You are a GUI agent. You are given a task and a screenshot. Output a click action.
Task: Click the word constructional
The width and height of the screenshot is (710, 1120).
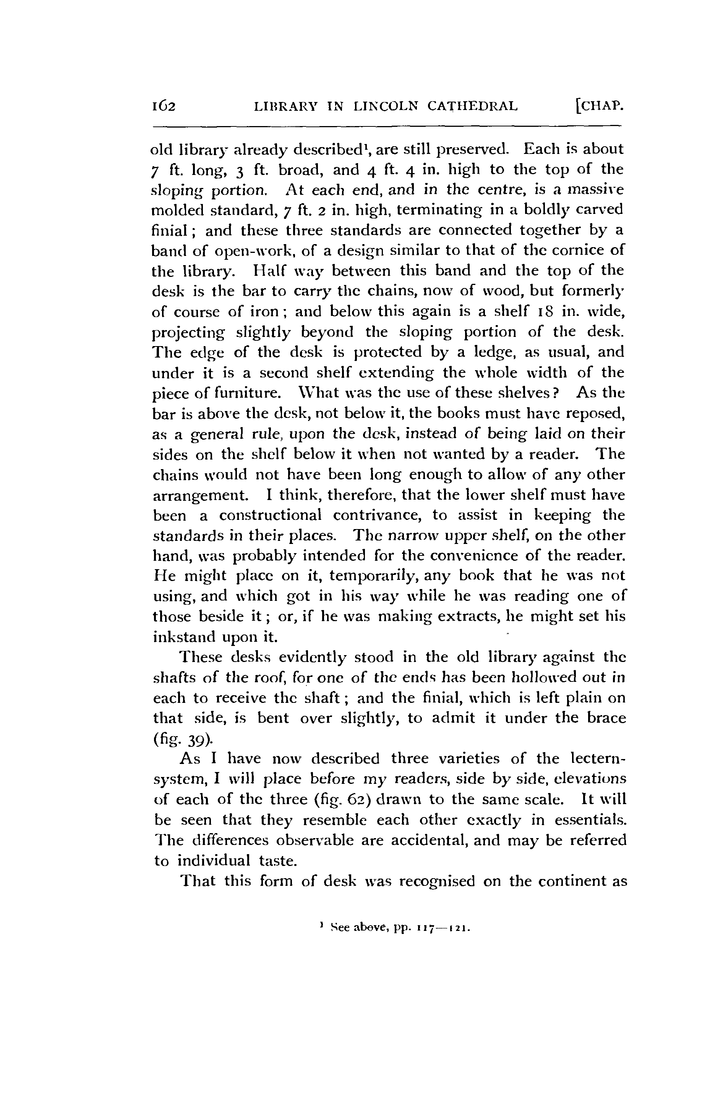[270, 515]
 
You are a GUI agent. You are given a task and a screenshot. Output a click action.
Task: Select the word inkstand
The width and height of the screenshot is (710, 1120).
[183, 637]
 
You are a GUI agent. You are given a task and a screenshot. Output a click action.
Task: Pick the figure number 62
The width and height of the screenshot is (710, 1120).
[357, 800]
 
